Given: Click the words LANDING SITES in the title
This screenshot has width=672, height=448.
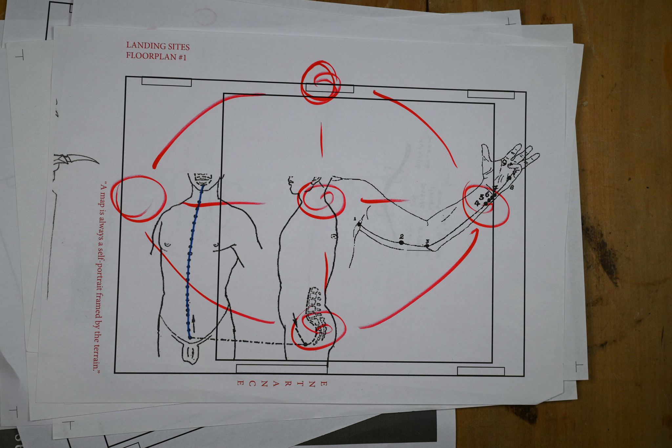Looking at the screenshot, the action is tap(158, 46).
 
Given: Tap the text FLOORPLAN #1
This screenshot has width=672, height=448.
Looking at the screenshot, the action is tap(156, 56).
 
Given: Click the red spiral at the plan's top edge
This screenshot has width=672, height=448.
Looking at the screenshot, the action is tap(320, 82).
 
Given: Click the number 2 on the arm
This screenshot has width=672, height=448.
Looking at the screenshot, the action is tap(402, 236).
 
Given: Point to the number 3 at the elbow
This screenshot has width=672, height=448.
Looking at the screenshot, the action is tap(427, 241).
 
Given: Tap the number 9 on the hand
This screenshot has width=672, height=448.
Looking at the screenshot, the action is tap(505, 161).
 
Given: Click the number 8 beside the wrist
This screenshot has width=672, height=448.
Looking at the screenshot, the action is tap(512, 187).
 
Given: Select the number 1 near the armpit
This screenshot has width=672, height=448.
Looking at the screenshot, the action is tap(355, 218).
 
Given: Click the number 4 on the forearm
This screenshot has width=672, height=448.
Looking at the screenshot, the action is tap(477, 203).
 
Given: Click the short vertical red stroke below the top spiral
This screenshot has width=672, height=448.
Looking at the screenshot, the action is tap(322, 139).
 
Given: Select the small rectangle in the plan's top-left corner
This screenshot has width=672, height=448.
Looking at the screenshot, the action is tap(166, 82).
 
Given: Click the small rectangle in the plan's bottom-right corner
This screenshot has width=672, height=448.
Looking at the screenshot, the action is tap(481, 371).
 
